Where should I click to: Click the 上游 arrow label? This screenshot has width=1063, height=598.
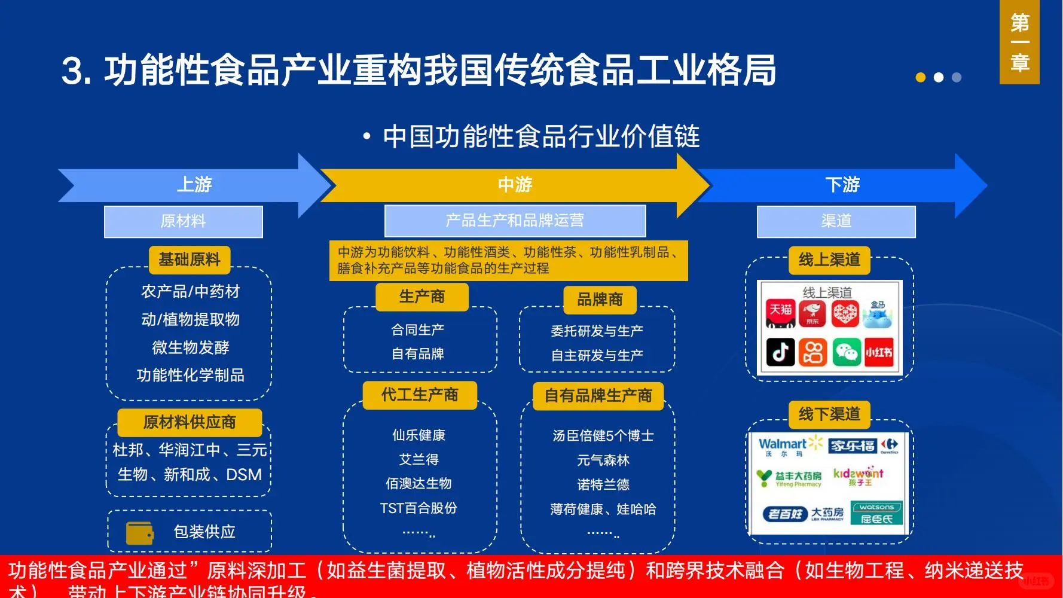point(194,184)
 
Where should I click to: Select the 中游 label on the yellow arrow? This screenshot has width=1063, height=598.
point(515,184)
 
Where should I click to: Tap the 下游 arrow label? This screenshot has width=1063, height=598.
point(842,184)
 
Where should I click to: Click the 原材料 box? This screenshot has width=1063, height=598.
point(183,221)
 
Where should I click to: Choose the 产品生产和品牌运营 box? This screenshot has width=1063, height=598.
point(515,221)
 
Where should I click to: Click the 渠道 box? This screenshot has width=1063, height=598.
point(836,221)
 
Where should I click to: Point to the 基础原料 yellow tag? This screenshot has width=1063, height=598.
point(190,260)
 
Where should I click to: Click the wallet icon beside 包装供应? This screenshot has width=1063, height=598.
point(140,533)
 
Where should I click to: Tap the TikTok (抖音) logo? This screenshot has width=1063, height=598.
point(781,352)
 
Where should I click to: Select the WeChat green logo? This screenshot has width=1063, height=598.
point(845,352)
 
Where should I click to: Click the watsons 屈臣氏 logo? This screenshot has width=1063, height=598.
point(876,514)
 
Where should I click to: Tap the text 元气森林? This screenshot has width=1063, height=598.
point(603,460)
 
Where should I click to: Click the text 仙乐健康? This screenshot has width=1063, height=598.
point(419,435)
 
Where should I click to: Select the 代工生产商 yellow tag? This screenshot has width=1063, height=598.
point(420,395)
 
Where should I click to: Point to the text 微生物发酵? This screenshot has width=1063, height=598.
point(190,347)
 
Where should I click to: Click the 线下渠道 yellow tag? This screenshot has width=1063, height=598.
point(829,414)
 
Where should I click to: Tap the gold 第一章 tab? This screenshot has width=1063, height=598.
point(1019,42)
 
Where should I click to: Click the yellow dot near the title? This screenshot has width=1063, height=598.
point(921,77)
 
